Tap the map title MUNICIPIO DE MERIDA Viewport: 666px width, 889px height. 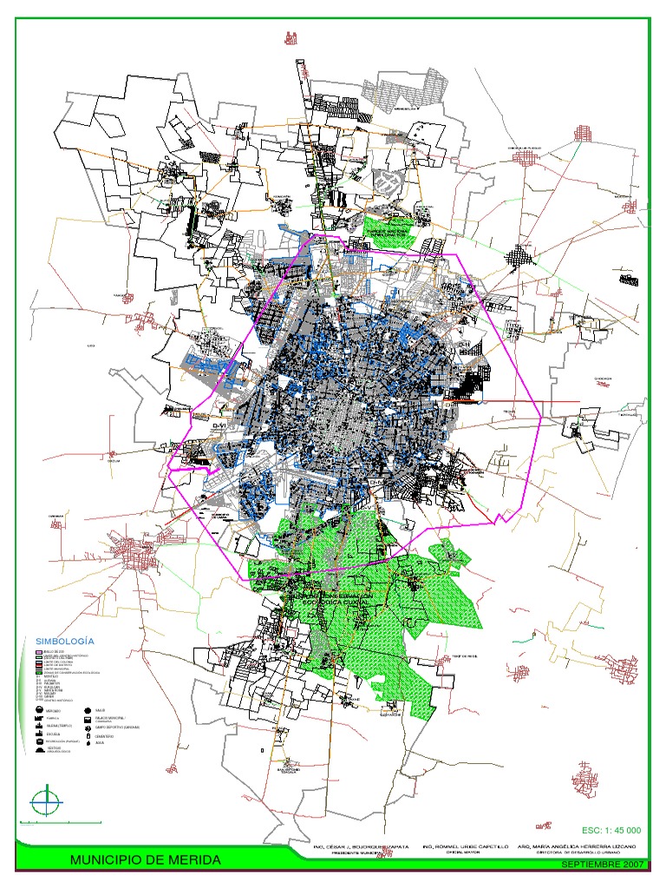(146, 860)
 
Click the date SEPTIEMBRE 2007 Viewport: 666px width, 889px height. (603, 866)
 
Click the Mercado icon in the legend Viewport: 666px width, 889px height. (40, 711)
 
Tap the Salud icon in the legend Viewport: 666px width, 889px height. (88, 711)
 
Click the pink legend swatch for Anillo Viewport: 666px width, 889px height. (38, 650)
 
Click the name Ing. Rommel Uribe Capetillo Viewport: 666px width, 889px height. (467, 846)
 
